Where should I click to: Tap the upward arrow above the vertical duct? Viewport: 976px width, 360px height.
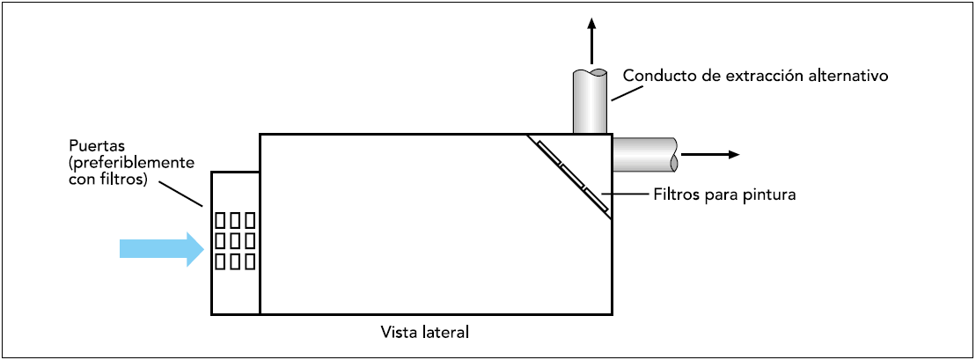tap(591, 40)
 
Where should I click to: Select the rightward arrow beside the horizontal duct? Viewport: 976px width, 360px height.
tap(710, 154)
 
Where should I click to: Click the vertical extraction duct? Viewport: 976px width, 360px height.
tap(591, 101)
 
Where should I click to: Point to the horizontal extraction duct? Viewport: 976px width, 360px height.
tap(643, 154)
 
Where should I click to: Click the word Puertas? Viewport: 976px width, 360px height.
tap(92, 143)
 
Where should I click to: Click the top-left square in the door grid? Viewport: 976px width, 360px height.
tap(221, 219)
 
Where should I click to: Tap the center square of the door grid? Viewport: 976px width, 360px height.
tap(235, 239)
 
